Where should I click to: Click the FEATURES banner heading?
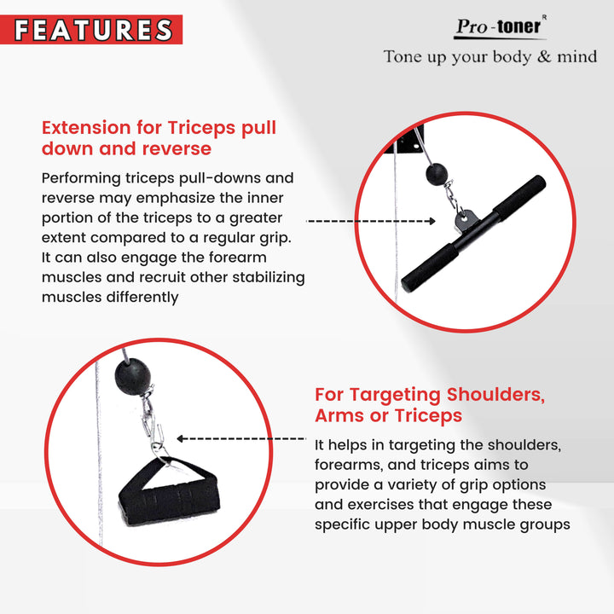pyautogui.click(x=93, y=30)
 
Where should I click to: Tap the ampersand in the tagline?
pyautogui.click(x=544, y=57)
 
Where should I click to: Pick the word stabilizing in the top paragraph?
pyautogui.click(x=269, y=278)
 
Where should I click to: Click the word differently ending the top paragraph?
pyautogui.click(x=142, y=298)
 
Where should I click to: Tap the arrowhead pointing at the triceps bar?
pyautogui.click(x=432, y=221)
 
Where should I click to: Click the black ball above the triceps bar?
pyautogui.click(x=437, y=174)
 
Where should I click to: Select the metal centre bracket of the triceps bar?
pyautogui.click(x=466, y=221)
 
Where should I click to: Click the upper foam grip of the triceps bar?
pyautogui.click(x=519, y=195)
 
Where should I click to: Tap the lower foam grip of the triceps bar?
pyautogui.click(x=430, y=269)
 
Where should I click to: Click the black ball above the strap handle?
pyautogui.click(x=133, y=376)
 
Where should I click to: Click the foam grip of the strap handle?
pyautogui.click(x=169, y=503)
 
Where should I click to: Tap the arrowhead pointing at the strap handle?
pyautogui.click(x=180, y=438)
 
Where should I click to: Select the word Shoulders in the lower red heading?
pyautogui.click(x=495, y=395)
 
